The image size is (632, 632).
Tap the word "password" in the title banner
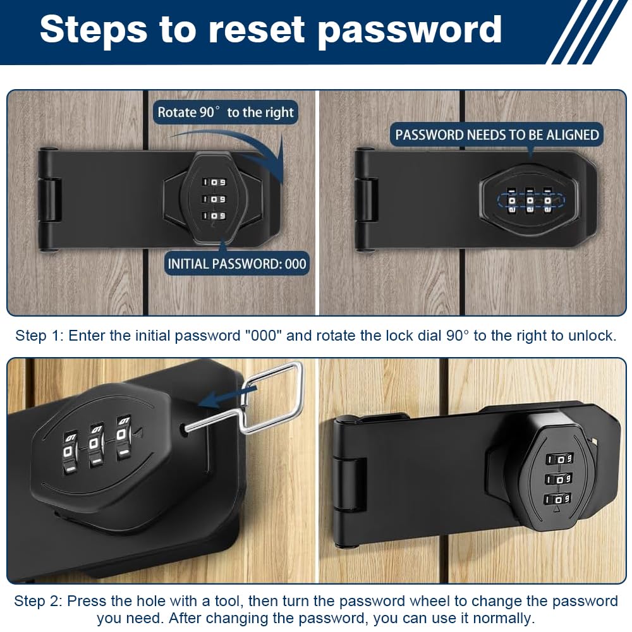410,32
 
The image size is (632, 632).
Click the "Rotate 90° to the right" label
226,112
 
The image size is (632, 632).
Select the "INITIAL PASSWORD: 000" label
237,264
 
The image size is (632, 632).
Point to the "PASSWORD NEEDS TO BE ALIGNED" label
497,135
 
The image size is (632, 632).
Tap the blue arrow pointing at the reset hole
228,397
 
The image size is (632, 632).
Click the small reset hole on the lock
186,428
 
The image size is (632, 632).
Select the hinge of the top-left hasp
49,200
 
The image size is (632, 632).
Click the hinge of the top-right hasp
366,200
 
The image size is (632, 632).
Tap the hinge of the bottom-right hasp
349,483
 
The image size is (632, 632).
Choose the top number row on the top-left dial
214,182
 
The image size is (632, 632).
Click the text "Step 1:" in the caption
39,336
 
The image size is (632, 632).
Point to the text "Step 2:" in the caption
38,601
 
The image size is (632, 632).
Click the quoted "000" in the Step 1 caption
263,336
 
